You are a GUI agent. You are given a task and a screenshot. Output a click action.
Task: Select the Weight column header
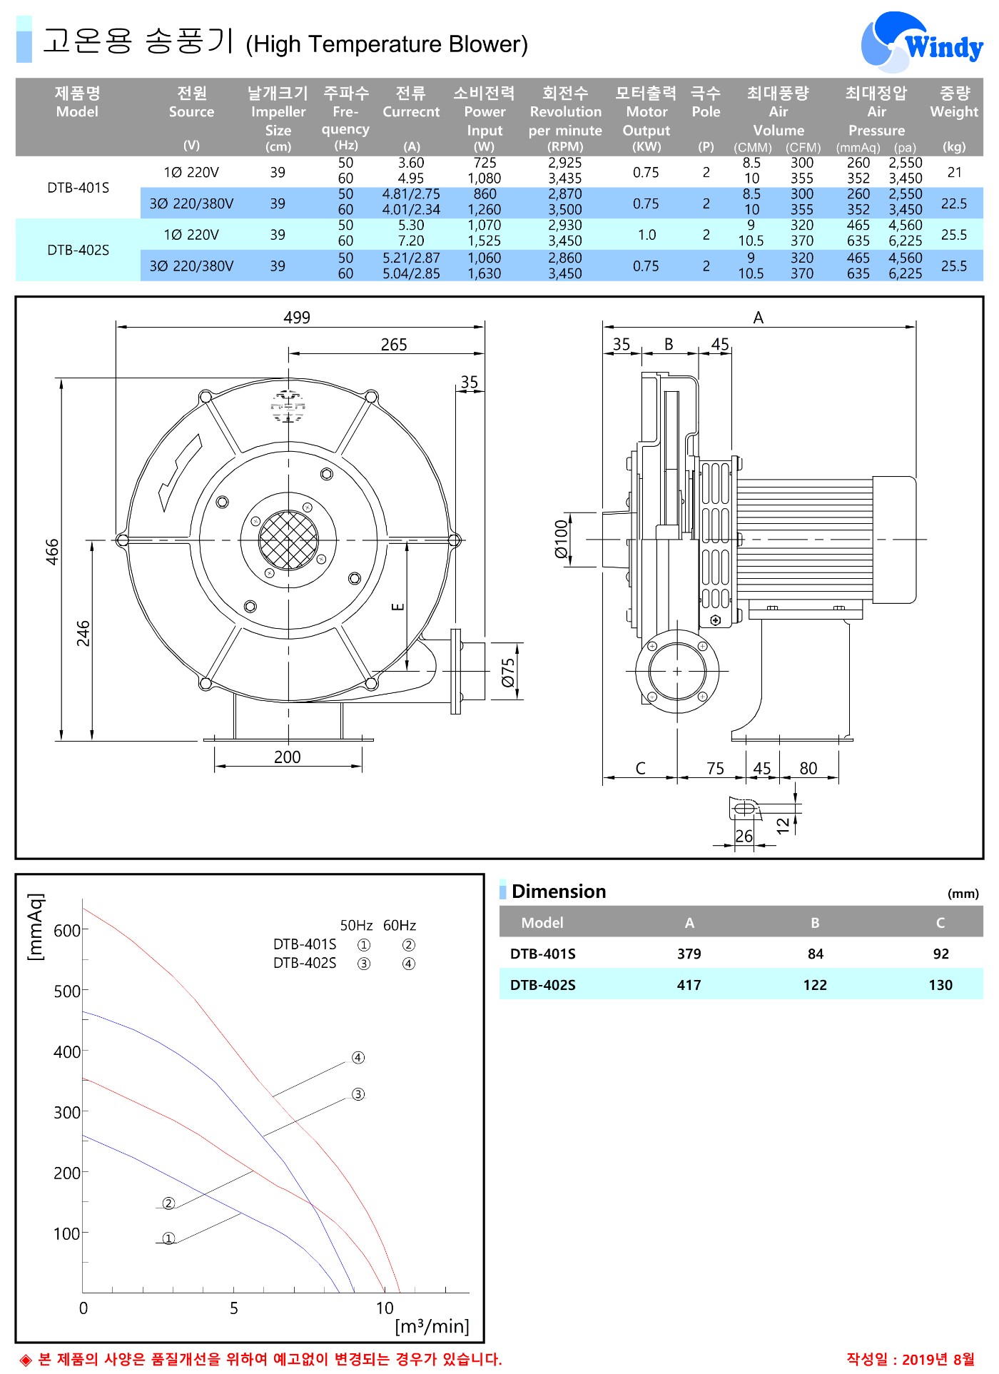click(x=954, y=102)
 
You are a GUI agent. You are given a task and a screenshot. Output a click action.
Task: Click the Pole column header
click(x=706, y=102)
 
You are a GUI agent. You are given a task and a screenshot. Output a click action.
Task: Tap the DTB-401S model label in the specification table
click(x=78, y=188)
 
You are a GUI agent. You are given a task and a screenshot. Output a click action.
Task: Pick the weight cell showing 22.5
click(x=954, y=203)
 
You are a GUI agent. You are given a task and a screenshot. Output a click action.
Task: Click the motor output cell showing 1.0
click(x=646, y=235)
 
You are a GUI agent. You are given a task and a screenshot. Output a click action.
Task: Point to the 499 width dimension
click(x=297, y=318)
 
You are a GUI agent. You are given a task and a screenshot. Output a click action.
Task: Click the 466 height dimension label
click(x=52, y=552)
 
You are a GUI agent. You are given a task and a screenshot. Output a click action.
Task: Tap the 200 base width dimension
click(x=288, y=757)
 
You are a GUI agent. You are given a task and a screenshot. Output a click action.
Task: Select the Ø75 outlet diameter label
click(x=507, y=672)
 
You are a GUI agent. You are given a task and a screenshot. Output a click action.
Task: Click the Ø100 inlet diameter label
click(x=562, y=539)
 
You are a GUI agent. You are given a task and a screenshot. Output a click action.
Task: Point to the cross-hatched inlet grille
click(x=288, y=540)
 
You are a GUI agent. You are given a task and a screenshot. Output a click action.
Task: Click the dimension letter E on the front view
click(x=398, y=607)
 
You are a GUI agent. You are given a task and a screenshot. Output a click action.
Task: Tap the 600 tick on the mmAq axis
click(x=67, y=931)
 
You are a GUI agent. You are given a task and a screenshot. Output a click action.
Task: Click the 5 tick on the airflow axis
click(x=234, y=1308)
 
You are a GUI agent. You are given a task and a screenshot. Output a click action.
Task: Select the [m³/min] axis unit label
click(x=432, y=1326)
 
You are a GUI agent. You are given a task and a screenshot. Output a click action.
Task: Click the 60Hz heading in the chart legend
click(x=400, y=926)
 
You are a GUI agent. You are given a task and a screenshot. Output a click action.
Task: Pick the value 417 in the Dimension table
click(x=689, y=985)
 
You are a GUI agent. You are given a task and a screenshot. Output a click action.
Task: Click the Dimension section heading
click(x=559, y=891)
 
